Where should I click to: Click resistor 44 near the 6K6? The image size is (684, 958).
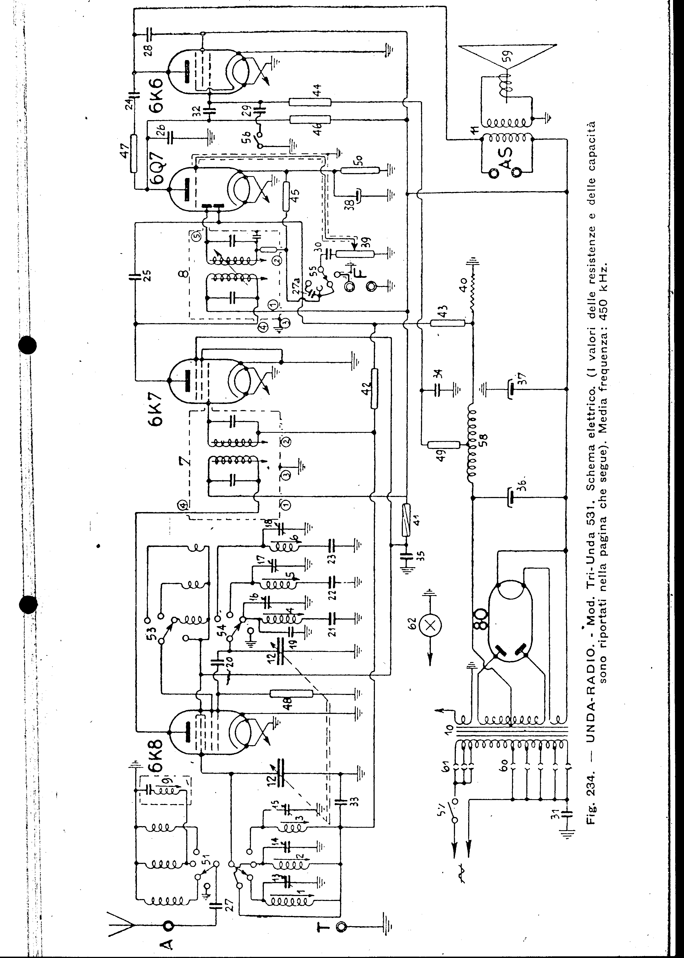(x=310, y=102)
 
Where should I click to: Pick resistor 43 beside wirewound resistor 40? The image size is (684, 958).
(x=448, y=323)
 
